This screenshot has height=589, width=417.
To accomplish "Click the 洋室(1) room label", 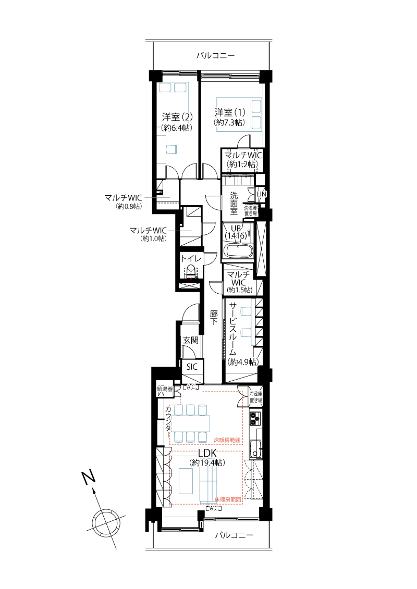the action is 230,112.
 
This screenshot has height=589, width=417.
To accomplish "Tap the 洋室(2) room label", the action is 177,117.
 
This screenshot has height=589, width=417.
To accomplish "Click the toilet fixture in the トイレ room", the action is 191,271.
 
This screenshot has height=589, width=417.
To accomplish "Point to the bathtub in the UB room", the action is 238,250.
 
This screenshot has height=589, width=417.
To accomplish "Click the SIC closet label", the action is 192,367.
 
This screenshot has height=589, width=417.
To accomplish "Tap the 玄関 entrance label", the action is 191,340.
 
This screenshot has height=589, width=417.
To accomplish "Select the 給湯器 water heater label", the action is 165,389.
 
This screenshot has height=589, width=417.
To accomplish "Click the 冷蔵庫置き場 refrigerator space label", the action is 256,397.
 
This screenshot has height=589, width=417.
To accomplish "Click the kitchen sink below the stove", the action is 256,448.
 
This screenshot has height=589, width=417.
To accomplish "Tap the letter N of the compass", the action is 89,478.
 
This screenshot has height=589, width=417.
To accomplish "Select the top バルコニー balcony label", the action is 215,56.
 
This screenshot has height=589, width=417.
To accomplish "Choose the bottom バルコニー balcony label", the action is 234,535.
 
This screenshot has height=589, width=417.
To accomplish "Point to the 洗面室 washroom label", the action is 234,203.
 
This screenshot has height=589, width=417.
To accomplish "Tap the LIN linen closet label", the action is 261,194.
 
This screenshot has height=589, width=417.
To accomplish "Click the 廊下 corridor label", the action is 214,317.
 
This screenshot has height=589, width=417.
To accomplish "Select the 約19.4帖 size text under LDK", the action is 208,463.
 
